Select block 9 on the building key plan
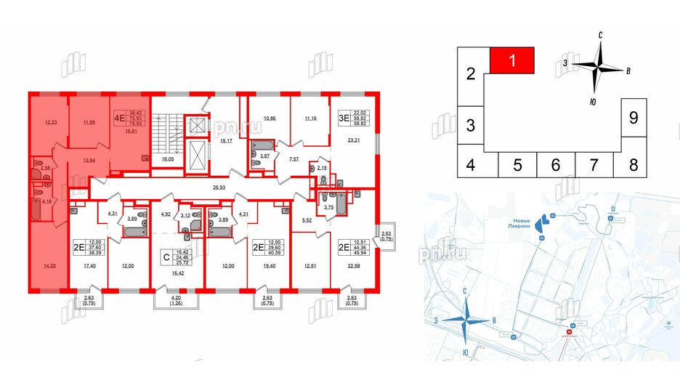633,116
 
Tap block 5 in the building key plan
517,165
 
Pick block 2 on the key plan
470,74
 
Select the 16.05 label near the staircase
168,157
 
